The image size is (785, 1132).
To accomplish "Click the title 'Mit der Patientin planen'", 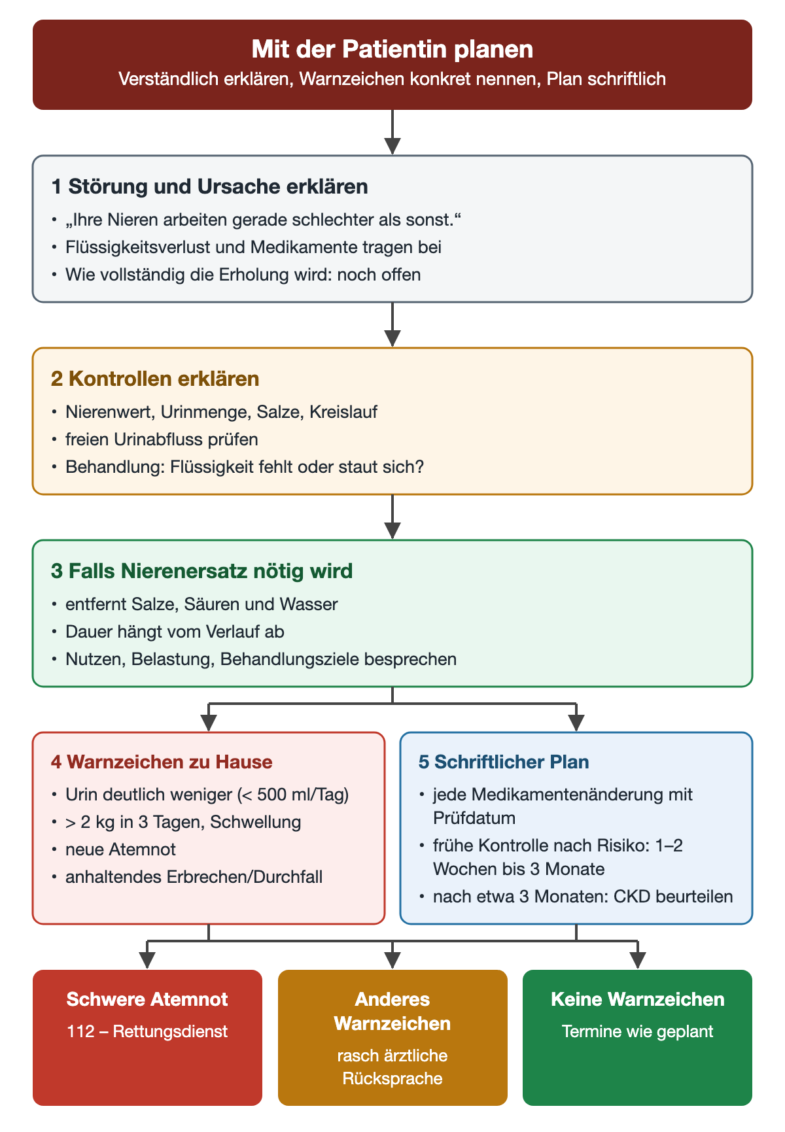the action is tap(392, 50).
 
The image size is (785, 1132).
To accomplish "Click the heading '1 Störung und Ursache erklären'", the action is tap(209, 186).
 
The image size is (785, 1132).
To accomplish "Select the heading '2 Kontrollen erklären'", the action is tap(155, 379).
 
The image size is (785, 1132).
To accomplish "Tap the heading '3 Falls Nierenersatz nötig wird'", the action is tap(201, 571).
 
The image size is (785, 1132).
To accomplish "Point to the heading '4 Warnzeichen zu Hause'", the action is tap(162, 762).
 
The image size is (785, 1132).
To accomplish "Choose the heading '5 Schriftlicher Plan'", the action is tap(504, 762).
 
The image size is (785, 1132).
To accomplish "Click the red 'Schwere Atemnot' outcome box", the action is tap(147, 1038).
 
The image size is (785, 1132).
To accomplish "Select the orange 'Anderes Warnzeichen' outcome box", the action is tap(392, 1038).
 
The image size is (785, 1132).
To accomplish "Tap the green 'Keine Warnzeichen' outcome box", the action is tap(638, 1038).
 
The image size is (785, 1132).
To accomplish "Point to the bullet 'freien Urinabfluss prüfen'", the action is tap(162, 439).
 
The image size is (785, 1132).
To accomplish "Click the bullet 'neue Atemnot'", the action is tap(120, 849).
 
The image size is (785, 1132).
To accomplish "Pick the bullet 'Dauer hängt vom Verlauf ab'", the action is tap(175, 632).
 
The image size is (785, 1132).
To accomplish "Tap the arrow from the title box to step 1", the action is tap(392, 132).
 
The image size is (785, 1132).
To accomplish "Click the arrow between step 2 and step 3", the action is tap(392, 517).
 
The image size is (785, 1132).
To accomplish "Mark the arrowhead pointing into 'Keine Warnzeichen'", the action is tap(638, 961).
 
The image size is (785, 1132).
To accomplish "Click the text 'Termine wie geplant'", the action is tap(638, 1032).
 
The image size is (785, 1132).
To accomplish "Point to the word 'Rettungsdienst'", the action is tap(170, 1032).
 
